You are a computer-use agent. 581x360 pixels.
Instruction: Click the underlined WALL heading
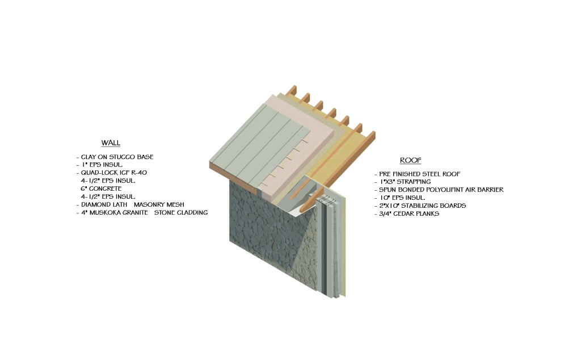[x=111, y=143]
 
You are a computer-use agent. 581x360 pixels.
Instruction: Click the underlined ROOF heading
[x=411, y=160]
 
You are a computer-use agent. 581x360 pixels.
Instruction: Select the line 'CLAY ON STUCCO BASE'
[x=117, y=157]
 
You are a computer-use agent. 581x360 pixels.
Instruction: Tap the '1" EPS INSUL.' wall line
[x=102, y=165]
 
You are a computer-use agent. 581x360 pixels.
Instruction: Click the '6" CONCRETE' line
[x=101, y=189]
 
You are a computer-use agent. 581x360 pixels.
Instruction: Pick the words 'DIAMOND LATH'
[x=104, y=204]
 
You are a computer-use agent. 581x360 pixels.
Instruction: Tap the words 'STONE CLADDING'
[x=181, y=213]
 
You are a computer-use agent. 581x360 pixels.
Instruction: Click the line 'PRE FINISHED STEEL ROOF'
[x=419, y=174]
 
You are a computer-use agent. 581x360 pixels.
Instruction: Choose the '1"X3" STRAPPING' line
[x=405, y=182]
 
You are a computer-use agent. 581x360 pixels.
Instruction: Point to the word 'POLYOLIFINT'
[x=439, y=190]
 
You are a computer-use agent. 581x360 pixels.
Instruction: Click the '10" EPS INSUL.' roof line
[x=402, y=198]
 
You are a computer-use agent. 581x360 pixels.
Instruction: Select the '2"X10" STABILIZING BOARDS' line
[x=422, y=206]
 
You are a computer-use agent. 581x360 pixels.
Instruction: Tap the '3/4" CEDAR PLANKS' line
[x=409, y=214]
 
